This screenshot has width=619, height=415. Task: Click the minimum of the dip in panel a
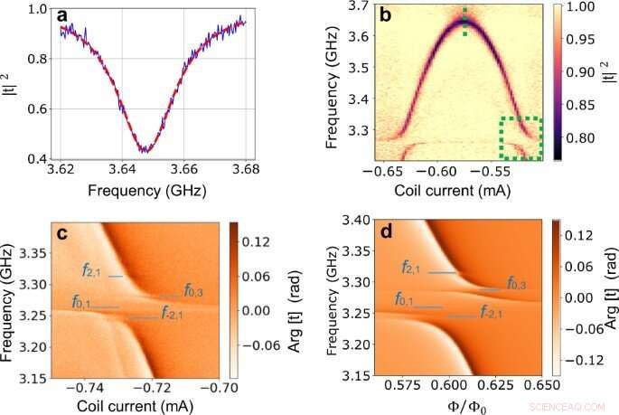point(145,150)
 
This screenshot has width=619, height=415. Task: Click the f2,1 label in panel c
point(92,269)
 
